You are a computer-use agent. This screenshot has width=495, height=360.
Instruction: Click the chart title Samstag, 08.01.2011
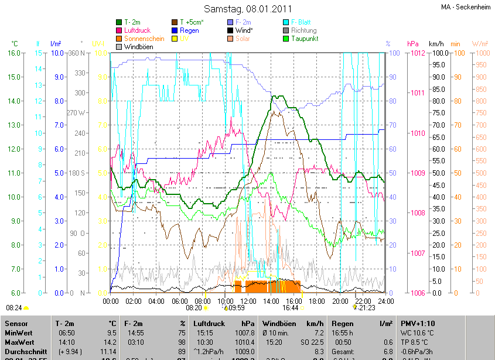point(247,9)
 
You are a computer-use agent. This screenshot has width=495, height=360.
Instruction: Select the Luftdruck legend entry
point(138,30)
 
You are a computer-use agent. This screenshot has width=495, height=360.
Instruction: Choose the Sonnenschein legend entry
point(144,39)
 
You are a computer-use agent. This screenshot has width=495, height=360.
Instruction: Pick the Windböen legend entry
point(138,47)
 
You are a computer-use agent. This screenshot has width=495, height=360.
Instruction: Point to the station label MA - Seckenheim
point(466,7)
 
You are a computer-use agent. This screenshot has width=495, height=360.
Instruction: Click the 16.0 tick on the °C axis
point(15,53)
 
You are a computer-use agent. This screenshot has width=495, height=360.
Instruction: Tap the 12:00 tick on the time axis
point(248,301)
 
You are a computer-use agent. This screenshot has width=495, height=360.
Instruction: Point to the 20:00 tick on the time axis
point(340,301)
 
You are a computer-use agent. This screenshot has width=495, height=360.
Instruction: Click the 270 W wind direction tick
point(76,112)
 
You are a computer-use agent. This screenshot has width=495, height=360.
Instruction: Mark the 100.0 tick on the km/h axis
point(441,53)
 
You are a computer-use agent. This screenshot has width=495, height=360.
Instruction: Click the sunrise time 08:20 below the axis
point(193,307)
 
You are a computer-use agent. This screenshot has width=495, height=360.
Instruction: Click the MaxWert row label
point(20,342)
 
